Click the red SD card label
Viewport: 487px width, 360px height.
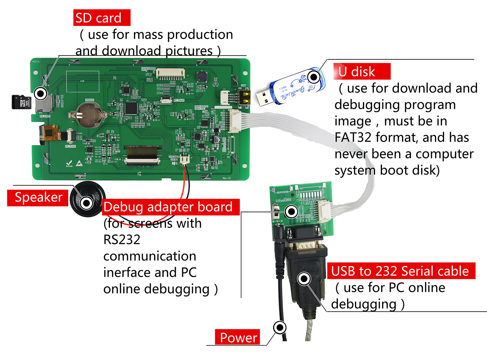coord(102,18)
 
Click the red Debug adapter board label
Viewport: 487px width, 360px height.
coord(171,207)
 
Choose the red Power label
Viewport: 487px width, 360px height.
coord(238,337)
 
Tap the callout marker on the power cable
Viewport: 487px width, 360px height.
coord(280,327)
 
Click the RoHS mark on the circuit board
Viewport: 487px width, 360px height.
coord(69,164)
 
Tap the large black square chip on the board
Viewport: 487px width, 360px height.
coord(131,107)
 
